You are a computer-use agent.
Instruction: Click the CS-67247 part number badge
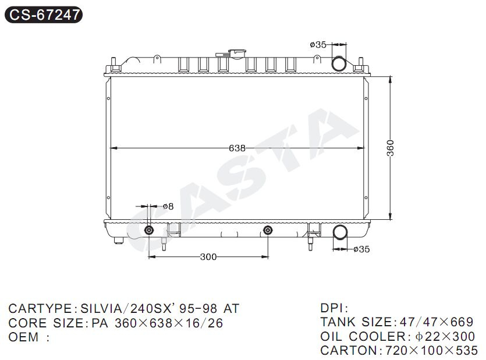(x=44, y=15)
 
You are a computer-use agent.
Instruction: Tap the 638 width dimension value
(x=237, y=148)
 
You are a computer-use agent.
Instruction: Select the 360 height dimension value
(x=390, y=148)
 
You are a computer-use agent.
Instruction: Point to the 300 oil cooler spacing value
(x=208, y=257)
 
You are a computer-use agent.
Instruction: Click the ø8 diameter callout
(x=168, y=206)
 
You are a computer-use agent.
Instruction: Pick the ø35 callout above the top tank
(x=318, y=45)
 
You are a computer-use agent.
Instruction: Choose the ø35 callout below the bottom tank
(x=361, y=249)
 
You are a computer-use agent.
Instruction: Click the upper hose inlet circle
(x=339, y=64)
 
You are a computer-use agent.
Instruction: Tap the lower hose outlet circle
(x=340, y=233)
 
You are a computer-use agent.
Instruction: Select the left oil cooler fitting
(x=149, y=230)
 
